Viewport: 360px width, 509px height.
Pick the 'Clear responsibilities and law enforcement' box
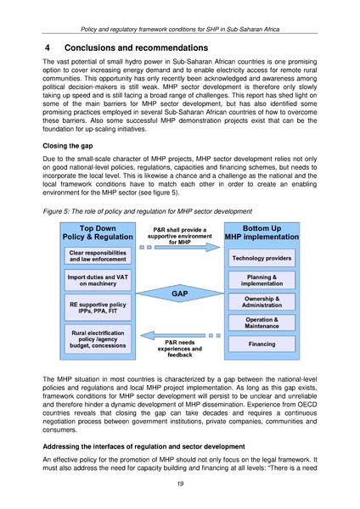[98, 255]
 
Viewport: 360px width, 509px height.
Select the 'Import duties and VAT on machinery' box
[98, 280]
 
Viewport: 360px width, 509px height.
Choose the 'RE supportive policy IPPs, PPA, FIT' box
[98, 306]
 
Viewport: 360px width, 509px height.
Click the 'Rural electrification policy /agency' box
[98, 339]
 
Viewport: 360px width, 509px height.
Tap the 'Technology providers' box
[262, 258]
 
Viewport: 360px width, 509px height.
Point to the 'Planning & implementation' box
[262, 281]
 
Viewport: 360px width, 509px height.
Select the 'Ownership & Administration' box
[262, 303]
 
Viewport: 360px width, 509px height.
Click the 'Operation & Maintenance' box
[262, 322]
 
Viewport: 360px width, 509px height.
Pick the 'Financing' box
[262, 344]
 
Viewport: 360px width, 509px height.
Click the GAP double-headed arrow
[179, 294]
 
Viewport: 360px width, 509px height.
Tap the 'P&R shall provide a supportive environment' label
[179, 235]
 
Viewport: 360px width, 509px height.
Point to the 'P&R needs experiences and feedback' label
[179, 347]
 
